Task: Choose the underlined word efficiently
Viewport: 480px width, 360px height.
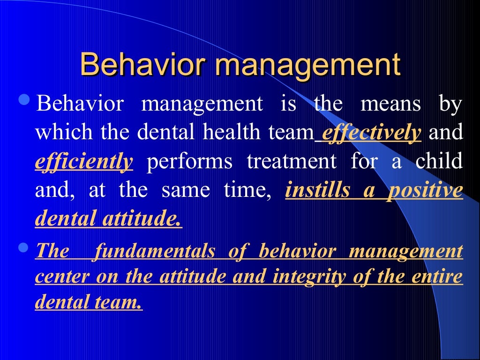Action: (x=84, y=162)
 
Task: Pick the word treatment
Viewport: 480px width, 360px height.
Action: (x=292, y=162)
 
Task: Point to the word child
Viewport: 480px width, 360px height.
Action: (x=439, y=162)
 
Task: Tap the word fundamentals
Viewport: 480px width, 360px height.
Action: (x=155, y=251)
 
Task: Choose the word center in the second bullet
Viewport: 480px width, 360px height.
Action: (x=63, y=277)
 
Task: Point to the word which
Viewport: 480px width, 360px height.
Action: (x=57, y=133)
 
